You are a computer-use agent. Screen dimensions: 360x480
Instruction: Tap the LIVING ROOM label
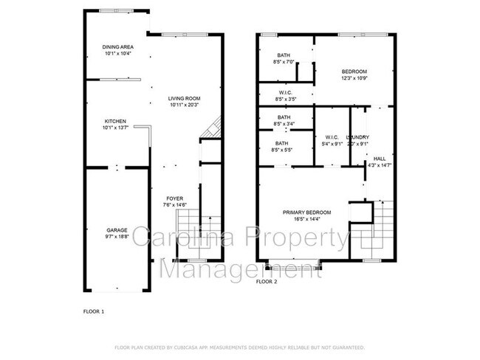pos(184,98)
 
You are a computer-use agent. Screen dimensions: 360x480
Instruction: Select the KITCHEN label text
pos(114,122)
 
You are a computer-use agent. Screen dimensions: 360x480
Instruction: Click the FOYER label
pos(174,198)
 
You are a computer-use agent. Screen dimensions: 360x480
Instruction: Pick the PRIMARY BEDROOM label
pos(307,212)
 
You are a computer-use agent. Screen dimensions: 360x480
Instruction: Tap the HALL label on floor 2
pos(379,159)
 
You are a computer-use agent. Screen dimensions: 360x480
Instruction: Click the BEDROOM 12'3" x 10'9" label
pos(354,72)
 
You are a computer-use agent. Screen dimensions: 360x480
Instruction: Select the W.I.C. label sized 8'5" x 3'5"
pos(285,92)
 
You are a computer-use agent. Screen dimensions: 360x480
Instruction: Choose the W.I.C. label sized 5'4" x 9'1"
pos(332,137)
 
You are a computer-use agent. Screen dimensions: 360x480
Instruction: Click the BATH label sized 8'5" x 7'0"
pos(284,56)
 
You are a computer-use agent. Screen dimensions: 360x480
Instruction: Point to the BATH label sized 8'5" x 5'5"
pos(282,144)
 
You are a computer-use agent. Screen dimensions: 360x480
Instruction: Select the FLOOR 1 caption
pos(94,312)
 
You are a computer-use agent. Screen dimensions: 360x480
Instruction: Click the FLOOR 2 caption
pos(266,282)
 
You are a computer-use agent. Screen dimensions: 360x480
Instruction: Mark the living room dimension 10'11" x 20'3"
pos(184,105)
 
